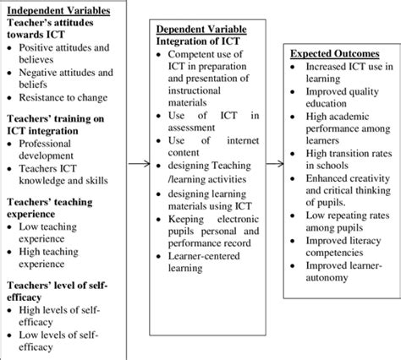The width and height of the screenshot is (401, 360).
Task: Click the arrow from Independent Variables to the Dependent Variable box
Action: pos(139,164)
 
